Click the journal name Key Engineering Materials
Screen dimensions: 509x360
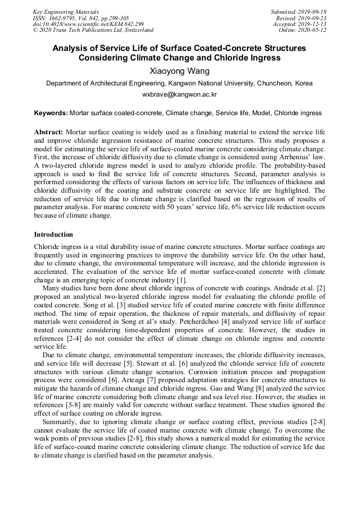coord(65,12)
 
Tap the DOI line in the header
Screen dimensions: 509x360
coord(88,24)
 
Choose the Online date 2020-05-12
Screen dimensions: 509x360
coord(313,31)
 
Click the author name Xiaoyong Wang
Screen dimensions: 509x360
coord(179,71)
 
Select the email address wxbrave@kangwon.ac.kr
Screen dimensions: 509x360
coord(179,94)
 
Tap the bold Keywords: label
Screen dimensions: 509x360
coord(51,113)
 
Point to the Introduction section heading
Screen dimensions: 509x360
coord(54,235)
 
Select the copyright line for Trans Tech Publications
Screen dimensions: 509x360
coord(93,31)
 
